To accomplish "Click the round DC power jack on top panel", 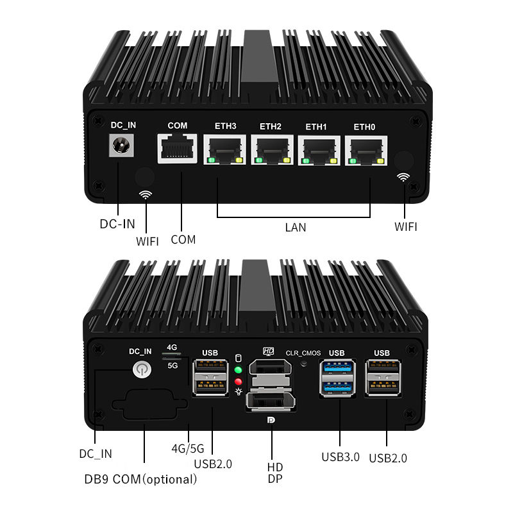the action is [119, 146].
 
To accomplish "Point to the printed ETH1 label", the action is [315, 127].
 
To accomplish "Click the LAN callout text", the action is [295, 227].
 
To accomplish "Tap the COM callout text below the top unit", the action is [183, 239].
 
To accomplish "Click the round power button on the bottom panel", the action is [140, 369].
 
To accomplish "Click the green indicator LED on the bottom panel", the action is [239, 370].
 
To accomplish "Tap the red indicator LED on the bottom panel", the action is [239, 382].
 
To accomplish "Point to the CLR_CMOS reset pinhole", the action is [304, 363].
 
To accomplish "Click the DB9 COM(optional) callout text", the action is [140, 479].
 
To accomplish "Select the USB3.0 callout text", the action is [340, 457].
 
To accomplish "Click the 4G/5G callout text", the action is [188, 448].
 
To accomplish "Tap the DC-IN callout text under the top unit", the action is [117, 224].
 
